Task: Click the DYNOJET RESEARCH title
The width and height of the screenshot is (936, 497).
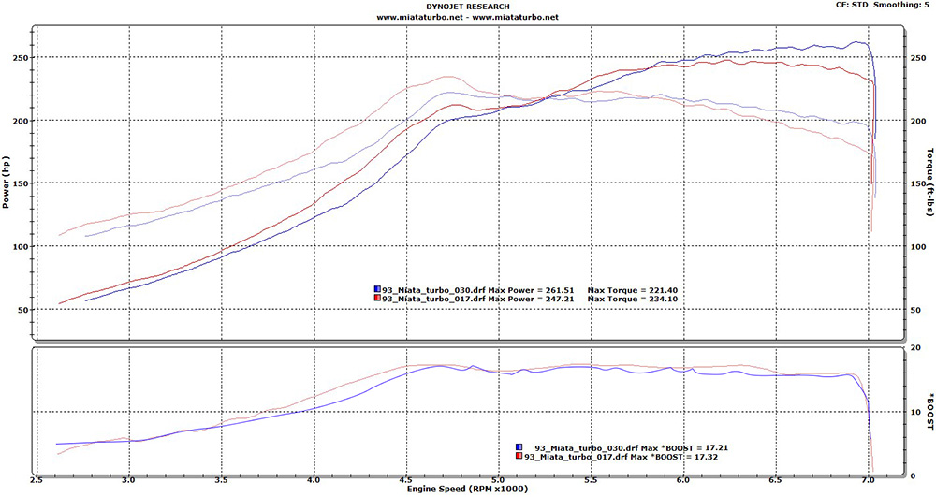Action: pyautogui.click(x=467, y=6)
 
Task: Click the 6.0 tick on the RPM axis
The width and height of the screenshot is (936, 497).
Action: pyautogui.click(x=684, y=478)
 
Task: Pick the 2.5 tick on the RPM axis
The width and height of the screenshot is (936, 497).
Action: pyautogui.click(x=37, y=478)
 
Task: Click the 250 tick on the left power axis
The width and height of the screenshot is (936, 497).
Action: pyautogui.click(x=18, y=58)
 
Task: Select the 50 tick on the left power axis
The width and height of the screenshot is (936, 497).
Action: pyautogui.click(x=21, y=310)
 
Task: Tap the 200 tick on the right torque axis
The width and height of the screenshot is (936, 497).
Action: pyautogui.click(x=917, y=121)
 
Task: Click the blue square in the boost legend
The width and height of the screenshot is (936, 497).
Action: pyautogui.click(x=520, y=447)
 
